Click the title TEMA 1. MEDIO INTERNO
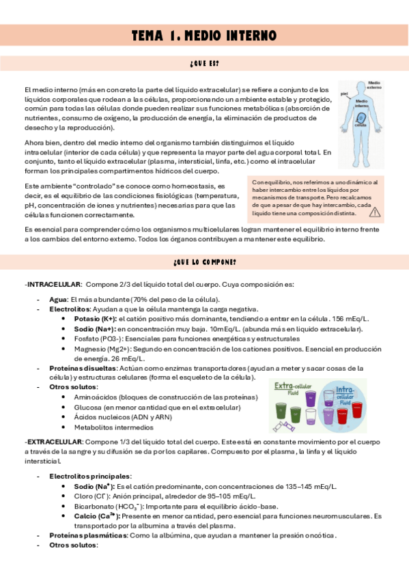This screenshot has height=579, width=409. point(204,35)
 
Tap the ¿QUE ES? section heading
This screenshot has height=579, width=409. point(204,64)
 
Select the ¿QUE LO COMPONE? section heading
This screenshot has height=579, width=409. point(204,262)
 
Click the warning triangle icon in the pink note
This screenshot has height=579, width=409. point(375,212)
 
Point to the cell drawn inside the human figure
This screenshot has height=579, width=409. point(361,119)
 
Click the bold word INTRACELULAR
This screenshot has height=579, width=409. point(54,283)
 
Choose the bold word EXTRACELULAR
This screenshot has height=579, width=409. point(53,442)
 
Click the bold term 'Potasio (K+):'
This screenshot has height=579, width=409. point(95,319)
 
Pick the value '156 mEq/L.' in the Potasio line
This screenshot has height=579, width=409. point(350,319)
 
